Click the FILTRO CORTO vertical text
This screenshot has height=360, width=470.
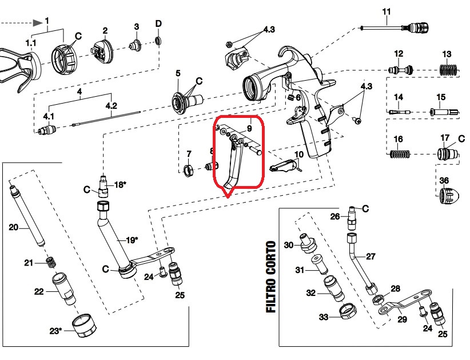point(270,277)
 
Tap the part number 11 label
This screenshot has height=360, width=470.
point(386,12)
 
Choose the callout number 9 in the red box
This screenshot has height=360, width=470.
point(249,129)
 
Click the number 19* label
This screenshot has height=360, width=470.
point(131,240)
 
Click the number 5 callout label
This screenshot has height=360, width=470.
point(178,73)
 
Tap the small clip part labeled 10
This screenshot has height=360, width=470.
point(285,166)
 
